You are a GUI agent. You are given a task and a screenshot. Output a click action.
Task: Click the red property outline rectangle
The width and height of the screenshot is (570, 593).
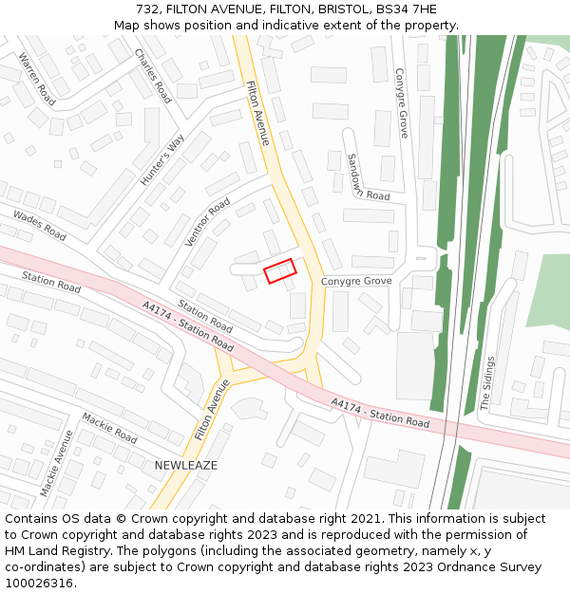click(x=280, y=271)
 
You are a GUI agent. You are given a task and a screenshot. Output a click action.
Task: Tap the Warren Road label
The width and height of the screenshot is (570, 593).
click(x=36, y=79)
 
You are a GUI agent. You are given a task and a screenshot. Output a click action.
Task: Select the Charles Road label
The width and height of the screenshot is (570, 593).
click(x=153, y=75)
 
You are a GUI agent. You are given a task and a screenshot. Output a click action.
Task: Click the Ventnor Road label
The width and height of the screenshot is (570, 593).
click(x=208, y=222)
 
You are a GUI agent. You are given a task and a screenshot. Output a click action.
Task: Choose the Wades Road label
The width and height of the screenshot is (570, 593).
click(x=40, y=226)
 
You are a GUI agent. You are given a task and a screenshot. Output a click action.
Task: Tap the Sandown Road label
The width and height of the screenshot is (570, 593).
click(x=369, y=176)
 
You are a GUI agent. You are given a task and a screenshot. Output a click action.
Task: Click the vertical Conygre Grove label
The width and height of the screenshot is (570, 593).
click(x=401, y=102)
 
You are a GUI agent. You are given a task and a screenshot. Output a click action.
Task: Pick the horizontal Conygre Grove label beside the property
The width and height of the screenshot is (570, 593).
click(x=356, y=282)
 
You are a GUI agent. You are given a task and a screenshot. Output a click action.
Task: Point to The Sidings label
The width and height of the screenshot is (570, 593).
click(x=487, y=382)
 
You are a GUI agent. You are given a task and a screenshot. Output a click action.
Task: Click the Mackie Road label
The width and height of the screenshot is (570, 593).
click(x=110, y=428)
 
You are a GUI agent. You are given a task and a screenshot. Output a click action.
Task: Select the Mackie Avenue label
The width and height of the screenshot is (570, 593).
click(x=57, y=463)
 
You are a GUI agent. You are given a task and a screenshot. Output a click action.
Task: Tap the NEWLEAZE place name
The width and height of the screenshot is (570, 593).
click(x=186, y=466)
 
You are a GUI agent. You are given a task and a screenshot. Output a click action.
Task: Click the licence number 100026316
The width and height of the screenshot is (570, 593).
click(x=40, y=583)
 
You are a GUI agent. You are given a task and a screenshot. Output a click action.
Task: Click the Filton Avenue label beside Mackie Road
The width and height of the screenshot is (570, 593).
click(x=213, y=409)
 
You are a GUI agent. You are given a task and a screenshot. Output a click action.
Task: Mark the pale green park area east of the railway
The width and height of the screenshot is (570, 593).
click(x=547, y=289)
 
